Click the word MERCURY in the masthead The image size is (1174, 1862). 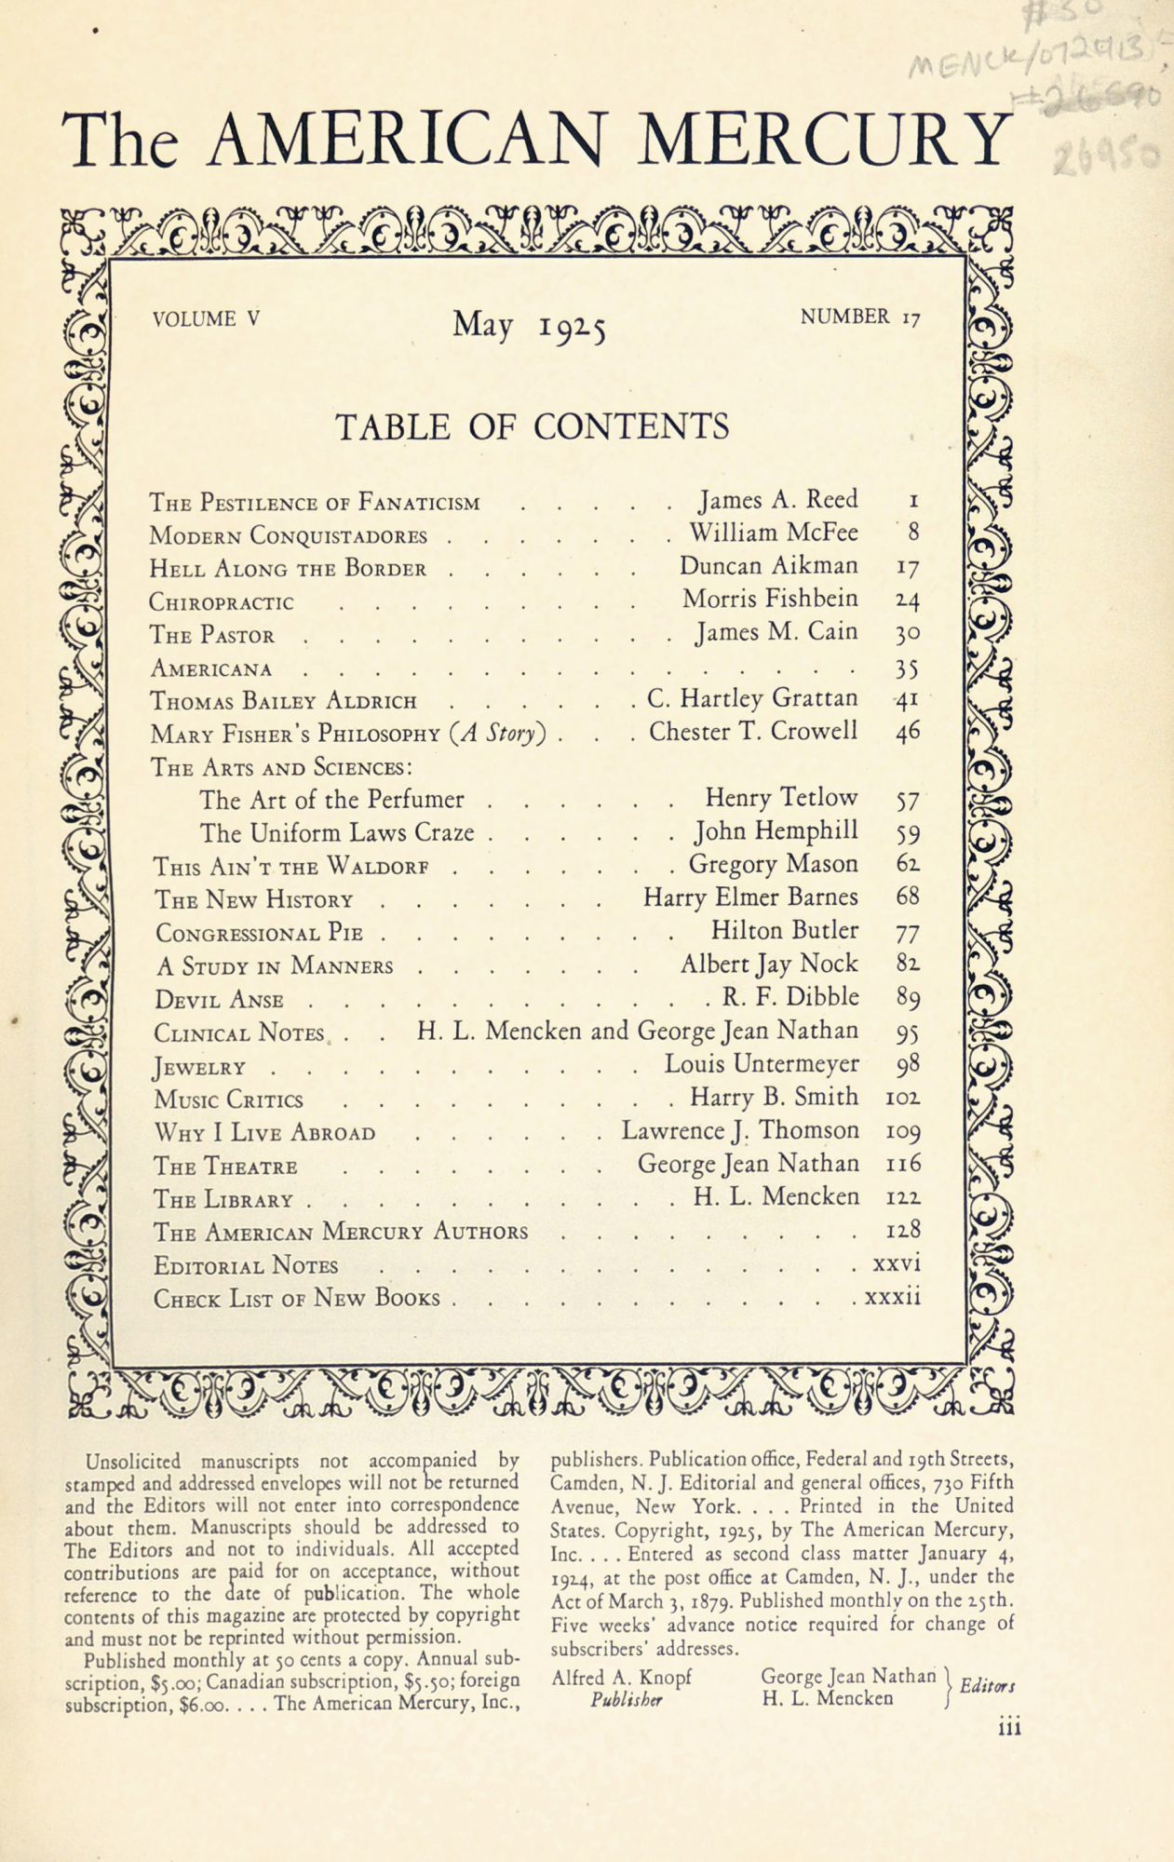(x=824, y=137)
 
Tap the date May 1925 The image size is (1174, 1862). (x=529, y=325)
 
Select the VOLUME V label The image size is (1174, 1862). (x=206, y=319)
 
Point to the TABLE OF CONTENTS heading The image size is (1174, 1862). (x=532, y=426)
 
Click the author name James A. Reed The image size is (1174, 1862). (x=778, y=500)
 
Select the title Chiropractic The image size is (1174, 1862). (x=222, y=602)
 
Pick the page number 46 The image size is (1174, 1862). (x=908, y=733)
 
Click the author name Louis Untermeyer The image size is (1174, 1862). (x=762, y=1063)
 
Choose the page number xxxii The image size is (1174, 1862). (x=893, y=1297)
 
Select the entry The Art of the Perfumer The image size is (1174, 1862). (x=331, y=800)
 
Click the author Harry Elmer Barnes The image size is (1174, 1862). (x=750, y=897)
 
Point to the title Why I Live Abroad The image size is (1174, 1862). (x=264, y=1133)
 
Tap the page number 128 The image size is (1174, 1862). (x=904, y=1231)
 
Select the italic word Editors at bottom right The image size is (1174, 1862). (x=986, y=1686)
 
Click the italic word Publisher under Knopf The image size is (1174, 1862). (x=626, y=1699)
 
